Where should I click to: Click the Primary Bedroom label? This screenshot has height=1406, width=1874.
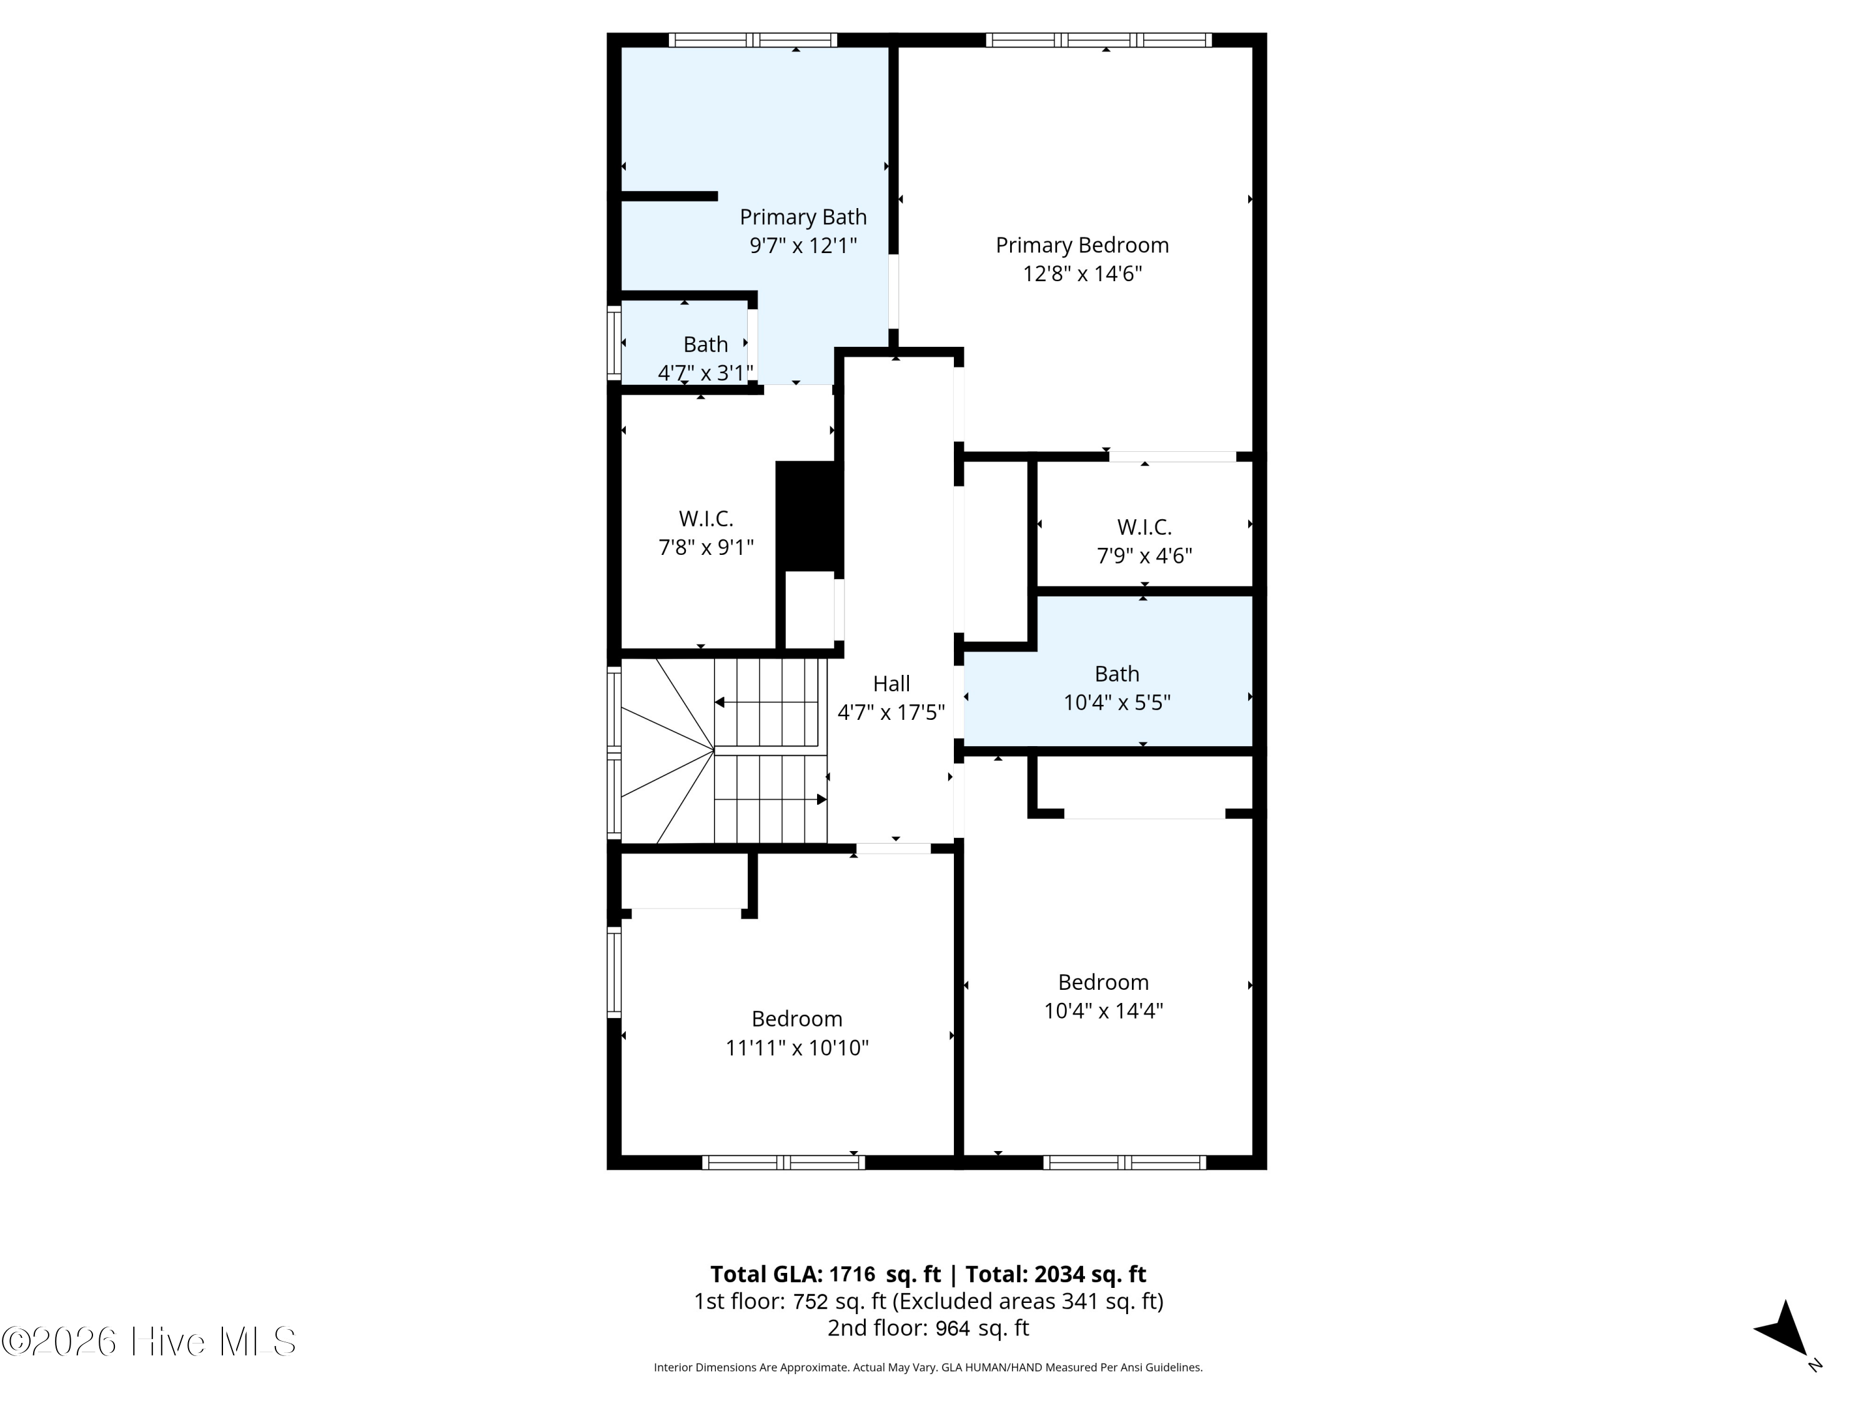1082,246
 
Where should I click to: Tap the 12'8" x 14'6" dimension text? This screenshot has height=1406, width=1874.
1083,274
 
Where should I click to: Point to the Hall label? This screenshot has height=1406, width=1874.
891,684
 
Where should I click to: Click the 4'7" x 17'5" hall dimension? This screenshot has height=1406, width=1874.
891,713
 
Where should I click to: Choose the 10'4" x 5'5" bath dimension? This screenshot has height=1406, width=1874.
1117,702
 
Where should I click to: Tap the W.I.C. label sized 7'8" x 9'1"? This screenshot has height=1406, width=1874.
706,519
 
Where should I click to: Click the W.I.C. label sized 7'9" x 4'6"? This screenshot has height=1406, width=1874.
1144,527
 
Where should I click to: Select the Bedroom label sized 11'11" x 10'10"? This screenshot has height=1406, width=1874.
797,1019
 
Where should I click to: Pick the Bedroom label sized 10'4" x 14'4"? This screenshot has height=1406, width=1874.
1103,982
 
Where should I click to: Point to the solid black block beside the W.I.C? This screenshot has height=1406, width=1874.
809,516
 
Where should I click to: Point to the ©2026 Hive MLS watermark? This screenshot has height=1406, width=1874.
149,1342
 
